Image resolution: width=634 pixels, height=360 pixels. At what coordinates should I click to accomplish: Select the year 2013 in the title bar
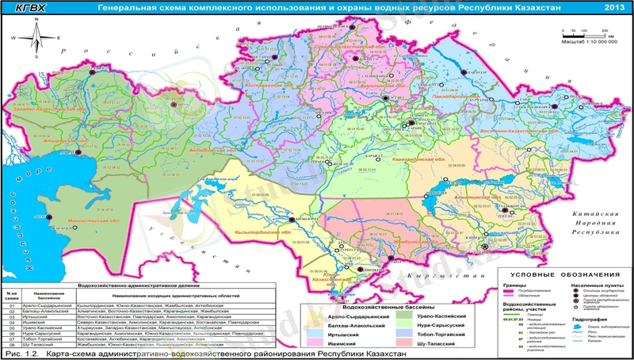tap(613, 8)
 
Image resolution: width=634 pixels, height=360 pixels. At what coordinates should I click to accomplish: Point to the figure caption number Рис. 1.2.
tap(22, 354)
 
